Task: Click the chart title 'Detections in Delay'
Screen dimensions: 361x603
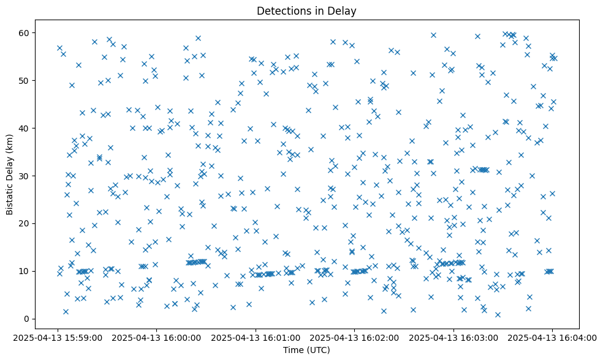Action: (x=306, y=11)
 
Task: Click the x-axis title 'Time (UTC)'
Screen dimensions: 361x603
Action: (x=306, y=350)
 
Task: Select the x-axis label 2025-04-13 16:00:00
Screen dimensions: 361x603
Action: (x=157, y=338)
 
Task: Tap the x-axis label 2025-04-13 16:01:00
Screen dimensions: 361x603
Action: (x=256, y=338)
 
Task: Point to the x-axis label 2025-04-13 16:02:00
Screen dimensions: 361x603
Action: (x=355, y=338)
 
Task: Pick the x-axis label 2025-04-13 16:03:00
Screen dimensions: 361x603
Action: (x=453, y=338)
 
